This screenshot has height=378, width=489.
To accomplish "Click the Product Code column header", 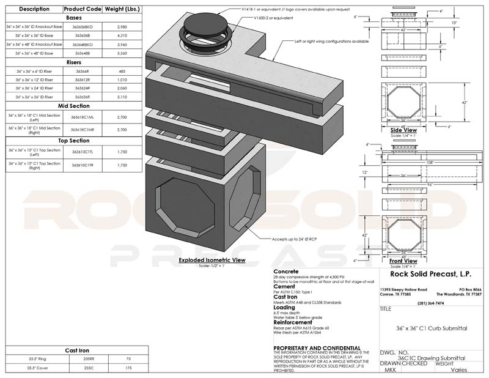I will point(82,9).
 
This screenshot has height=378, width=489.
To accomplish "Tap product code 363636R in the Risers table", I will point(82,97).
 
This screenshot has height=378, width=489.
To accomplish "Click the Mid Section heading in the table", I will point(75,105).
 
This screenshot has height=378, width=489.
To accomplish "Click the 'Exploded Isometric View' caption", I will point(212,261).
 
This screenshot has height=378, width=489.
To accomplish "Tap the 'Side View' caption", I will point(403,130).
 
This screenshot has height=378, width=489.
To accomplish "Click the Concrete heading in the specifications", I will point(285,270).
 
